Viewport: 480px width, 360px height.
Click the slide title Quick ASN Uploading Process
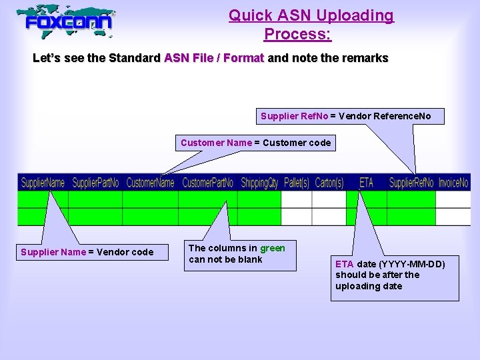coord(311,24)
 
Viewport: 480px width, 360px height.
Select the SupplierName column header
coord(43,183)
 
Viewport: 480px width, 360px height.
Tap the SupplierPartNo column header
coord(95,183)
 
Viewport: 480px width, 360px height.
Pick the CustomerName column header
coord(150,183)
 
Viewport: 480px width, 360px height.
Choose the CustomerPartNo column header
coord(207,183)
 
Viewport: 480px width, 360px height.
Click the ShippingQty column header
coord(259,183)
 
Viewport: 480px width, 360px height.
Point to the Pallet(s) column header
coord(296,183)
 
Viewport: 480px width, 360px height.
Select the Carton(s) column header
coord(329,183)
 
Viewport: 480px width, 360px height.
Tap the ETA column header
coord(366,183)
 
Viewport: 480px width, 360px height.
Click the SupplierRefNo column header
coord(411,183)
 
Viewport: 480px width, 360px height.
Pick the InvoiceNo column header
coord(453,183)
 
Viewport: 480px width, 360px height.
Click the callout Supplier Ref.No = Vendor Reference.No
coord(345,117)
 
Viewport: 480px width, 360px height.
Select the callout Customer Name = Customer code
coord(255,143)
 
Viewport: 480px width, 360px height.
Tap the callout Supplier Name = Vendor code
coord(87,252)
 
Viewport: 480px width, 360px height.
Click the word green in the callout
coord(272,248)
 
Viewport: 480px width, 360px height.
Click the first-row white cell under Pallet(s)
coord(296,199)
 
